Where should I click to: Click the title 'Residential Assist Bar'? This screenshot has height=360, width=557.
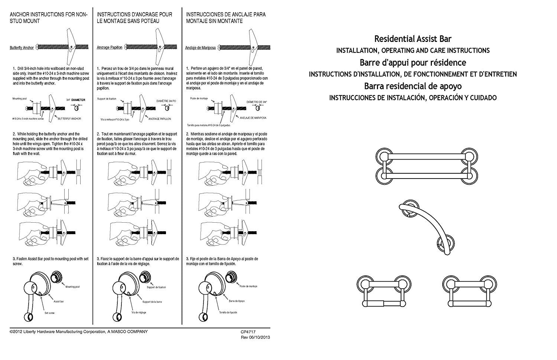point(413,39)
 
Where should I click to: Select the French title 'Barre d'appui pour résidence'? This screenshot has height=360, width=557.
point(413,62)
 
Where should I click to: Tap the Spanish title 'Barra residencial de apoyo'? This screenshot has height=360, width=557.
point(413,86)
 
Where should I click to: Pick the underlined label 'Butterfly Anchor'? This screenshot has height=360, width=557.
point(22,48)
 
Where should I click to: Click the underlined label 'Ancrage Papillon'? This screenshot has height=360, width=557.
point(110,48)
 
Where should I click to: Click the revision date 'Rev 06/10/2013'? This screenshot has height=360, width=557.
point(255,337)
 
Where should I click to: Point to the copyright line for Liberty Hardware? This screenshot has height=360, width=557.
point(78,331)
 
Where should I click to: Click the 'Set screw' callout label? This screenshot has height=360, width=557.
point(49,313)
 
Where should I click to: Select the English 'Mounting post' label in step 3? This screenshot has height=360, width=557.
point(72,287)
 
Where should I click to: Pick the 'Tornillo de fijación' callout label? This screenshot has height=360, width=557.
point(228,312)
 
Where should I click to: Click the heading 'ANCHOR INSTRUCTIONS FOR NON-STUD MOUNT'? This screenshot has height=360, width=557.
point(49,18)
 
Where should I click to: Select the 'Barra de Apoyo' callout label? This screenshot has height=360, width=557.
point(226,301)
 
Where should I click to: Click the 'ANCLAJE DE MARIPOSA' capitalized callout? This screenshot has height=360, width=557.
point(253,118)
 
